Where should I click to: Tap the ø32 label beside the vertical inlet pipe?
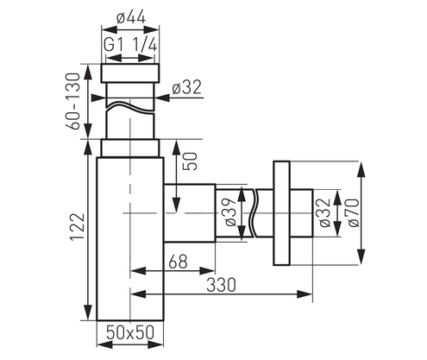[187, 87]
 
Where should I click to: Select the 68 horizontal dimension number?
[178, 260]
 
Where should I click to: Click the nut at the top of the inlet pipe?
[131, 73]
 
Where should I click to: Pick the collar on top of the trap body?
[131, 148]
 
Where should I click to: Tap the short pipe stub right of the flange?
[300, 212]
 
